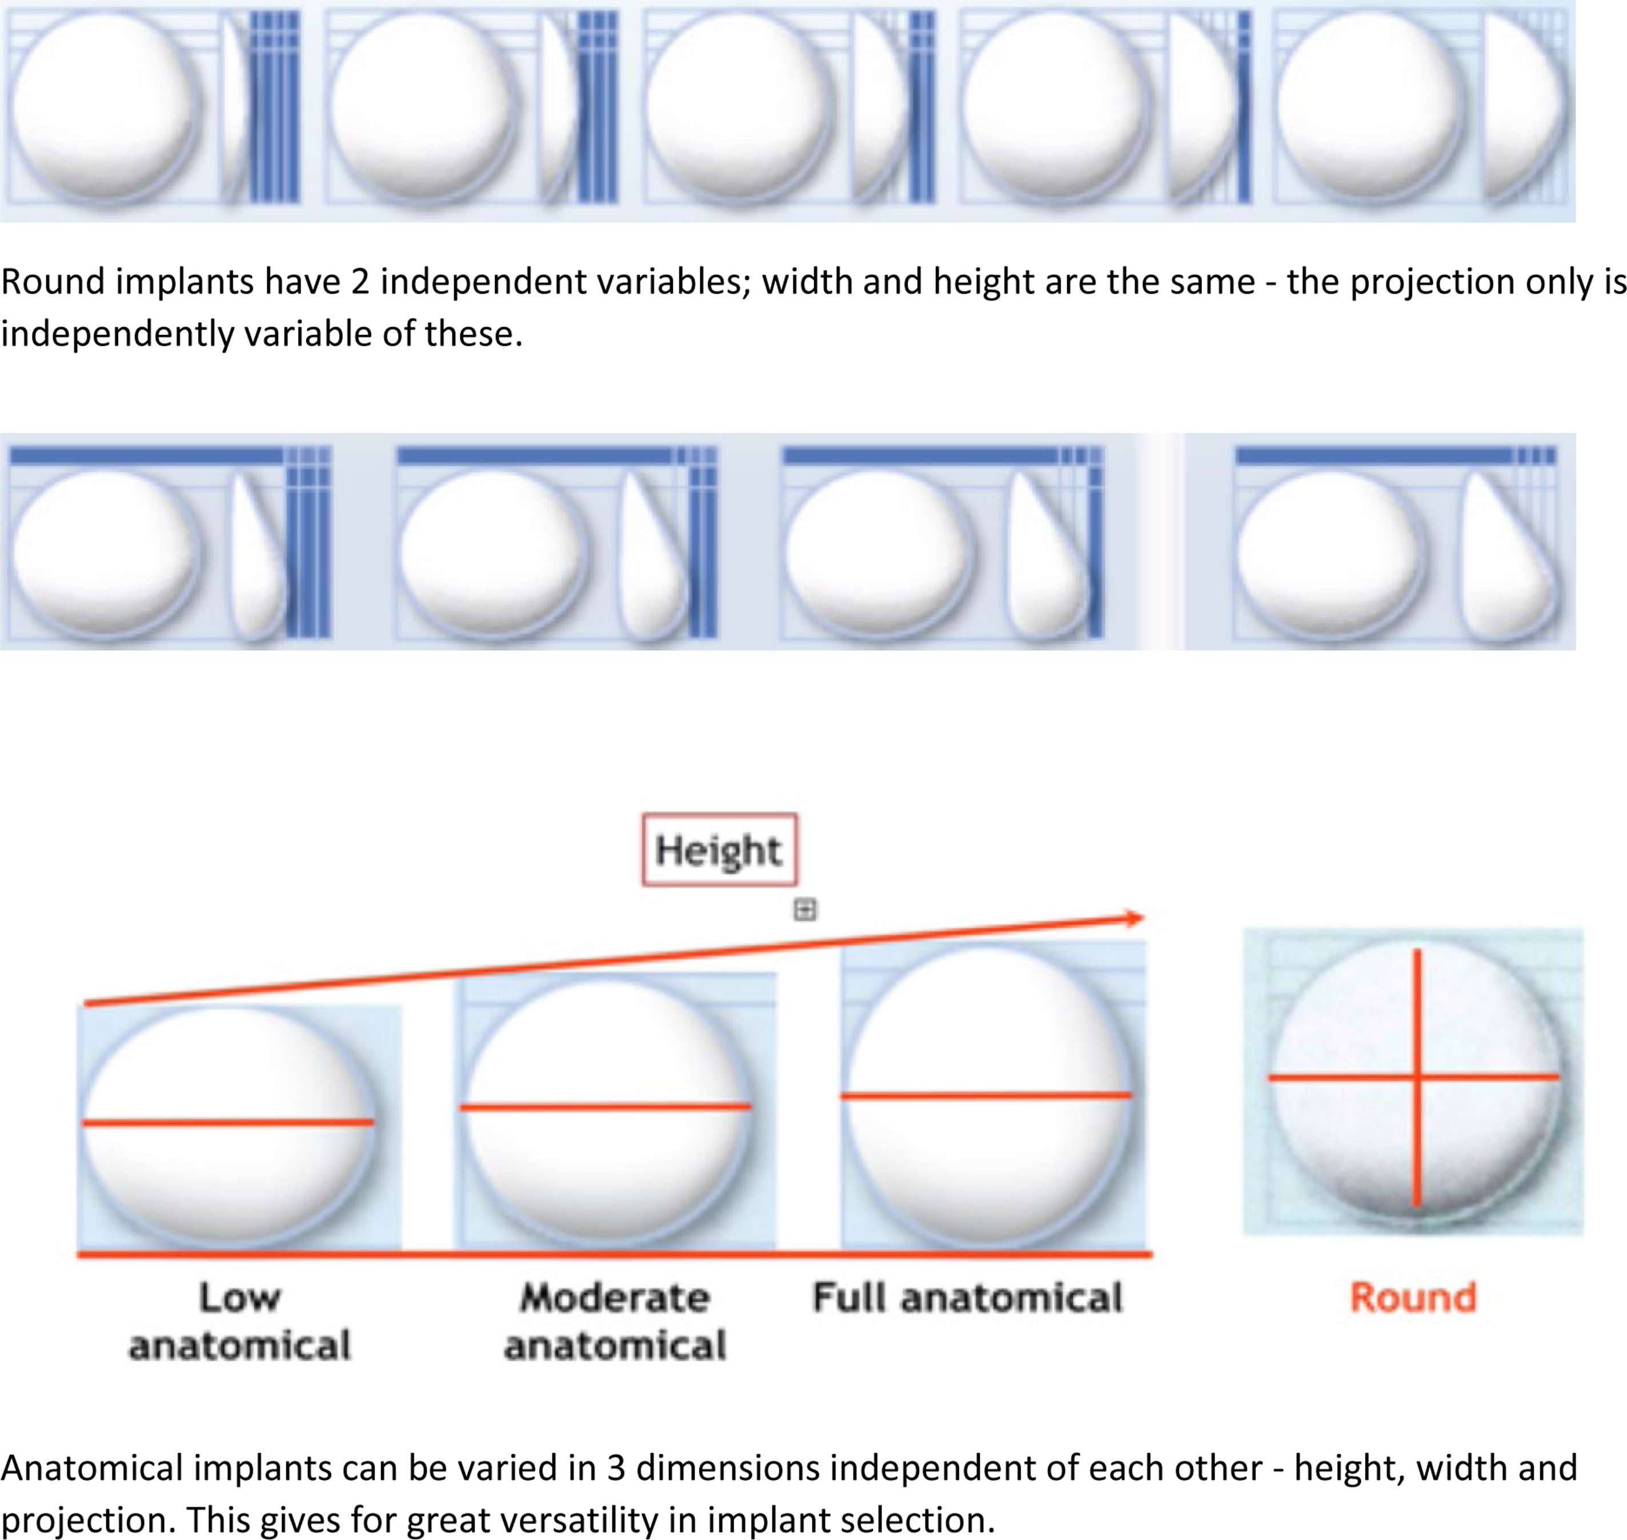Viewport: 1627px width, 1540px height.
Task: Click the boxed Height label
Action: pos(719,849)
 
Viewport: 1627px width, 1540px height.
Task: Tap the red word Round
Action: pos(1413,1298)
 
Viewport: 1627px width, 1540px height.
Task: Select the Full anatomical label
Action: pos(967,1298)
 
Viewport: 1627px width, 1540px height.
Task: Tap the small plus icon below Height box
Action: pos(804,909)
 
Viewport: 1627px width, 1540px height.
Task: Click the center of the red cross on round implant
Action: pos(1417,1076)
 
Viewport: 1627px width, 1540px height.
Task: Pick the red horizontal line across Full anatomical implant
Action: pos(986,1095)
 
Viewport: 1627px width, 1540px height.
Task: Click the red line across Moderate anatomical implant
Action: pos(605,1106)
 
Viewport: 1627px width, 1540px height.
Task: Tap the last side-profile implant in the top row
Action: pos(1524,107)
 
